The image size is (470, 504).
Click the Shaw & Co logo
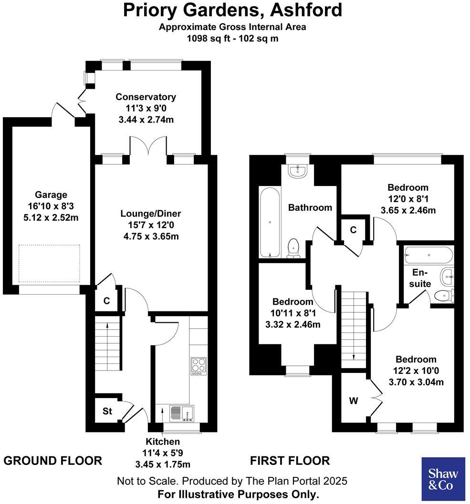click(443, 479)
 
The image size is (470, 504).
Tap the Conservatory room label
click(146, 97)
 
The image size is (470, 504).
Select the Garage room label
click(51, 195)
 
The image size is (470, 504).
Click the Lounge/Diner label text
click(150, 213)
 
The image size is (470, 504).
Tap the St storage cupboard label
click(107, 411)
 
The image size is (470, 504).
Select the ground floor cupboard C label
click(107, 301)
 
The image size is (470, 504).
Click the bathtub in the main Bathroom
click(270, 222)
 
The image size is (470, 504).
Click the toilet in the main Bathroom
click(293, 248)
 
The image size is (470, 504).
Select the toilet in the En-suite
click(444, 296)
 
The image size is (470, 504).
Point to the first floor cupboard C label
click(353, 230)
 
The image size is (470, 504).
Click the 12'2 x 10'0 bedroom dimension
click(414, 370)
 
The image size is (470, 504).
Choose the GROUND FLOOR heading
click(53, 461)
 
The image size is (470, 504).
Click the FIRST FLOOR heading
click(290, 461)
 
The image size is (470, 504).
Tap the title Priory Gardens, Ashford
click(233, 10)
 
